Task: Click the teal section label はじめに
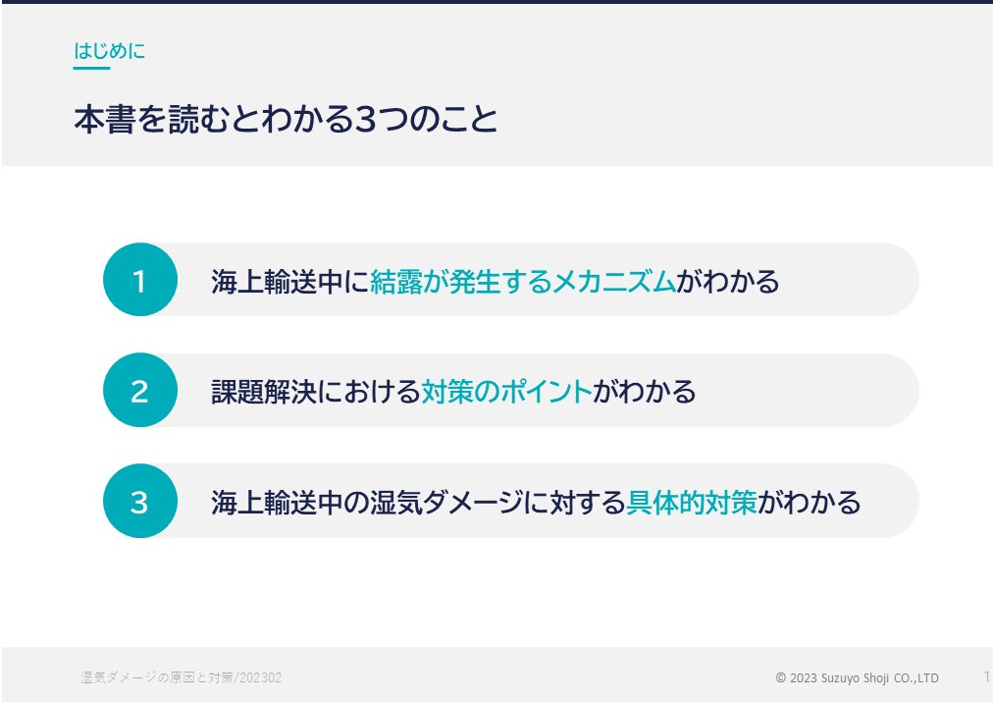tap(110, 51)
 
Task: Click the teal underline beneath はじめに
tap(92, 68)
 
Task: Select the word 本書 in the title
tap(105, 119)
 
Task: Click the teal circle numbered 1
tap(140, 280)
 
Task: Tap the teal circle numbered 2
tap(140, 390)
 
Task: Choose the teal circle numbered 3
tap(140, 501)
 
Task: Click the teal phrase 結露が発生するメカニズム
tap(523, 282)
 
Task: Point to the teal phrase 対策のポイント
tap(506, 391)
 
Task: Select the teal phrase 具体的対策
tap(692, 503)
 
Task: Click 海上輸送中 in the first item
tap(277, 282)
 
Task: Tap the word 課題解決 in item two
tap(263, 391)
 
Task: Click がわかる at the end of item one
tap(728, 282)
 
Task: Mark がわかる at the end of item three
tap(810, 503)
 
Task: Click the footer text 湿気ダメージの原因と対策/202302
tap(182, 677)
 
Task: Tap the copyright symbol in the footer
tap(781, 677)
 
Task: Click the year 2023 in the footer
tap(804, 677)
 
